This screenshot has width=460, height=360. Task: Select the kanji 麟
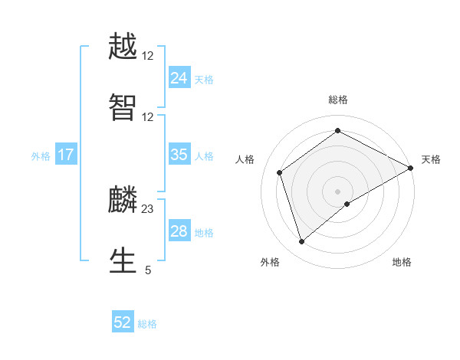[x=123, y=201]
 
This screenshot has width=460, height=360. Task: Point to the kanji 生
[x=123, y=260]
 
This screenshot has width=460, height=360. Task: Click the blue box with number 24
[x=179, y=77]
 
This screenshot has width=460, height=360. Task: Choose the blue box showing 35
[x=179, y=155]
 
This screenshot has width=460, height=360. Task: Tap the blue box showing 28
[x=179, y=231]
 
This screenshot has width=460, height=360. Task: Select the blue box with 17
[x=66, y=155]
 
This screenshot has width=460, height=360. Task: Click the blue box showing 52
[x=123, y=322]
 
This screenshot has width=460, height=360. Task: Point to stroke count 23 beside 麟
[x=148, y=208]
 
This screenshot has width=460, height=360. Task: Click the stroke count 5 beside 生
[x=148, y=270]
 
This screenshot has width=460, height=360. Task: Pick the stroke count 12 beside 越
[x=148, y=56]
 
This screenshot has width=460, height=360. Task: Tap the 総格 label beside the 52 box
[x=147, y=324]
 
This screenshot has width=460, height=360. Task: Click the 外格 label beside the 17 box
[x=41, y=155]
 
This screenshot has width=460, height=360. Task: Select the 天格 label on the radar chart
[x=431, y=159]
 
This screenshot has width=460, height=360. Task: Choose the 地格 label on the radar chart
[x=402, y=262]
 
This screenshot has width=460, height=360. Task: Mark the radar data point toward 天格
[x=411, y=168]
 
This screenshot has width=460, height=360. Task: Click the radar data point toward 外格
[x=301, y=242]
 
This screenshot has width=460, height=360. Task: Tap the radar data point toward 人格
[x=280, y=172]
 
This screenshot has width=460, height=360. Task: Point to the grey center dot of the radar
[x=338, y=191]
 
